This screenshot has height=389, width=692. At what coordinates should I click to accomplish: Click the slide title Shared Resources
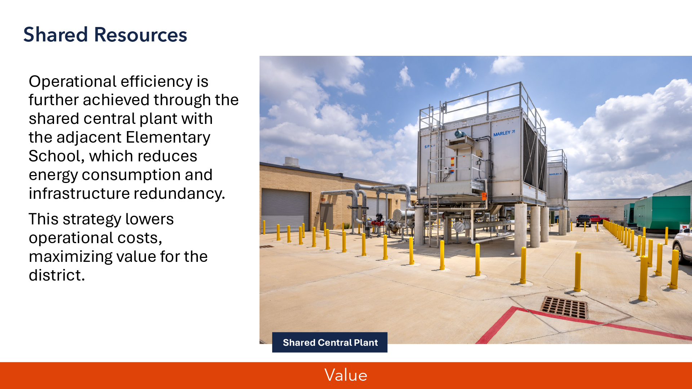(x=105, y=35)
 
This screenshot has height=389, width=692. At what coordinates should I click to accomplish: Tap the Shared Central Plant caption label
(x=330, y=342)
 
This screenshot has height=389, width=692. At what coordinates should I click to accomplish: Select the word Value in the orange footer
(x=346, y=375)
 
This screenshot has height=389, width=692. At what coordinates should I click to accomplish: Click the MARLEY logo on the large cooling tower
(x=504, y=133)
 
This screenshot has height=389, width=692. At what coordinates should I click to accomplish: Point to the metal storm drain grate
(x=564, y=307)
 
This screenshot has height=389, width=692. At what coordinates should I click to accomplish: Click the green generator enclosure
(x=662, y=213)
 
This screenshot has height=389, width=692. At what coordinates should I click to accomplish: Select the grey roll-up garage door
(x=285, y=211)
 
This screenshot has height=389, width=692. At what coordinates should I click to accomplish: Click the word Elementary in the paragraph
(x=168, y=138)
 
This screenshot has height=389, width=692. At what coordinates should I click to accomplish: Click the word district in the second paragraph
(x=57, y=276)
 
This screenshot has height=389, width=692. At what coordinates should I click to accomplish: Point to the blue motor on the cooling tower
(x=459, y=134)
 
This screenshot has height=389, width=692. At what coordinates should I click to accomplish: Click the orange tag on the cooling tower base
(x=484, y=196)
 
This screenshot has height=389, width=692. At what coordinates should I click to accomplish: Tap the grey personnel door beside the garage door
(x=326, y=216)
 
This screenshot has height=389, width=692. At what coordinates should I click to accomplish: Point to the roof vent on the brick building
(x=292, y=162)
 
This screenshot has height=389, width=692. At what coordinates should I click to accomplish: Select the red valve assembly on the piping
(x=377, y=220)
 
